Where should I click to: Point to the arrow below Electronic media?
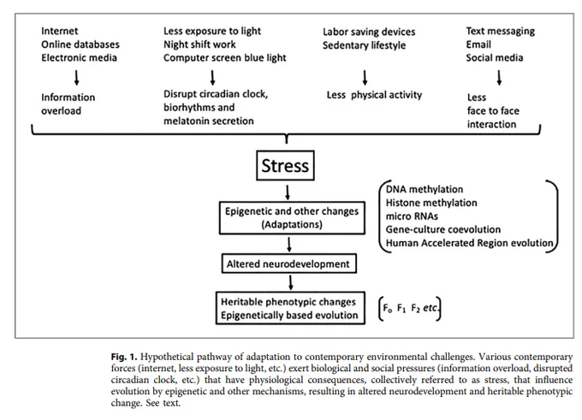(x=76, y=78)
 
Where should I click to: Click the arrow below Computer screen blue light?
(x=212, y=78)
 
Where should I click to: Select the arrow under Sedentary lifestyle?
(x=365, y=78)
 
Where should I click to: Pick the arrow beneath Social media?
(x=499, y=78)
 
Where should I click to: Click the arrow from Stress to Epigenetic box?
(x=288, y=192)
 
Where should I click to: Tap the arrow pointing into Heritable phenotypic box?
(x=291, y=282)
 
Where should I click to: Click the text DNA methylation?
(x=425, y=189)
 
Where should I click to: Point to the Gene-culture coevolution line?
(x=442, y=229)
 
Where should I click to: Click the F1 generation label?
(x=401, y=308)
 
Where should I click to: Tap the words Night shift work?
(x=199, y=44)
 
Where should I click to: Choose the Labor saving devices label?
(x=369, y=32)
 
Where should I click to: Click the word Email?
(x=478, y=44)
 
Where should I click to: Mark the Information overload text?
(x=68, y=104)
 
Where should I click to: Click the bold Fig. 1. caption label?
(x=124, y=357)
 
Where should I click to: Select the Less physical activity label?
(x=374, y=95)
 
